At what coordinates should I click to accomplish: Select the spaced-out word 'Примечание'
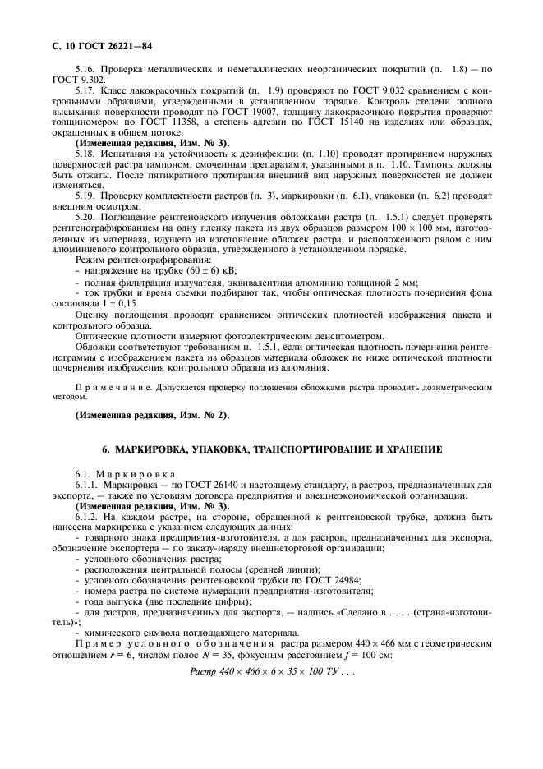coord(104,385)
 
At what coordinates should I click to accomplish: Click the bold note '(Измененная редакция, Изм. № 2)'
coord(153,415)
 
